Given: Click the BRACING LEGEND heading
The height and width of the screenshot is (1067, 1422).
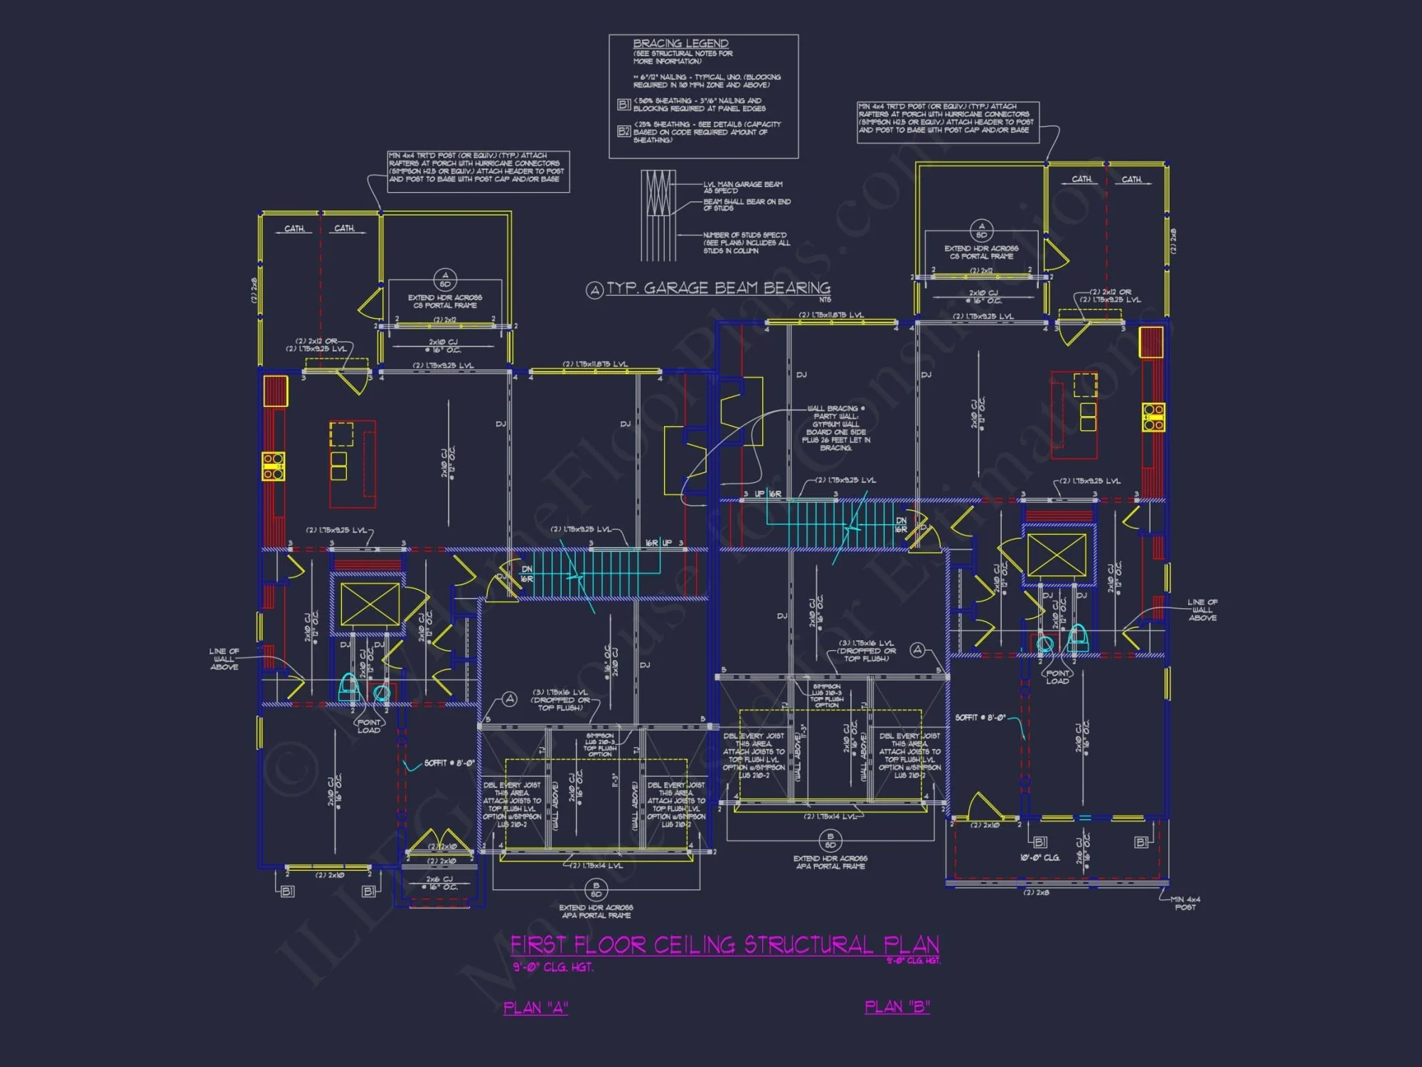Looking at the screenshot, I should (680, 44).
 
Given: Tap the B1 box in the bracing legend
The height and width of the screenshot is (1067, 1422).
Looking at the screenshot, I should (624, 105).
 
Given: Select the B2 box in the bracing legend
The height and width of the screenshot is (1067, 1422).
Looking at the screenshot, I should (624, 131).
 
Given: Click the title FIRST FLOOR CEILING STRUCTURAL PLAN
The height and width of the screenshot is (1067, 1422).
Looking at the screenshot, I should (725, 945).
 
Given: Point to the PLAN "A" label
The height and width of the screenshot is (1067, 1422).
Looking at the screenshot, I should (535, 1008).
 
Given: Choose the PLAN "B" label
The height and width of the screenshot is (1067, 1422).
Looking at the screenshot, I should (897, 1007).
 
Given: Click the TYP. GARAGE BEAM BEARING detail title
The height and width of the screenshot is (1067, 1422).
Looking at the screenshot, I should (718, 288).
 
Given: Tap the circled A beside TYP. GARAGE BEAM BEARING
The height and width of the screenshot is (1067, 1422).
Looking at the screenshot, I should (594, 290).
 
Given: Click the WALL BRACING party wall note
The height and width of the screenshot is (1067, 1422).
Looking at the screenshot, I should (835, 428).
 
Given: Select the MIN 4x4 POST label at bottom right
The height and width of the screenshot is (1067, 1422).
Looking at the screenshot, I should (1185, 903).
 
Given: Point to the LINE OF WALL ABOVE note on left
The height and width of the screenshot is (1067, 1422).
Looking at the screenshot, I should (224, 659).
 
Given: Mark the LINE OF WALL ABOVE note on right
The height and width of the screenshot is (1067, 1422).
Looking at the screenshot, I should (1202, 610).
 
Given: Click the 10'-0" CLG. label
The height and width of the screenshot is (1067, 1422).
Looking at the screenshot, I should (1039, 858).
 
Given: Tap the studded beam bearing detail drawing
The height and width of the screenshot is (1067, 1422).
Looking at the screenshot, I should (658, 215).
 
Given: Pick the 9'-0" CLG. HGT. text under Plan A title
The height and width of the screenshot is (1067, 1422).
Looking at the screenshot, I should (552, 967).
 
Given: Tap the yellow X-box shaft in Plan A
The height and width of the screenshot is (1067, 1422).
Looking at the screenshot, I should (370, 605).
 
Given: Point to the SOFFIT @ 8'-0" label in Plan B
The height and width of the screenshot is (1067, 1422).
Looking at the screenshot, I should (980, 718).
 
